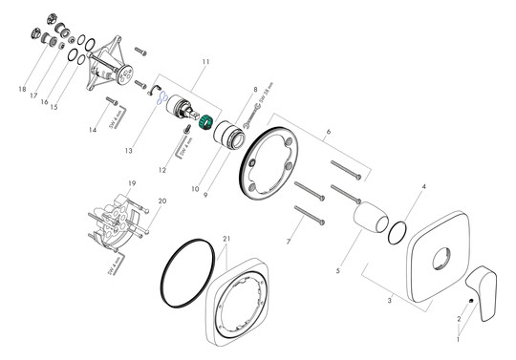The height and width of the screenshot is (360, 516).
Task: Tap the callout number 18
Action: tap(21, 89)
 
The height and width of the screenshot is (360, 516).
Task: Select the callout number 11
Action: tap(205, 61)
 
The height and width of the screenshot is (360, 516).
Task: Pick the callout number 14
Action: tap(92, 129)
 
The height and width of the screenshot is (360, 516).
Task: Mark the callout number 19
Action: tap(133, 182)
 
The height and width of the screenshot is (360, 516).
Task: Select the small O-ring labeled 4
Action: tap(398, 232)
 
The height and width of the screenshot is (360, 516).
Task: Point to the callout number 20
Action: tap(161, 201)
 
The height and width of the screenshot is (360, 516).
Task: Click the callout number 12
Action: tap(163, 170)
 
